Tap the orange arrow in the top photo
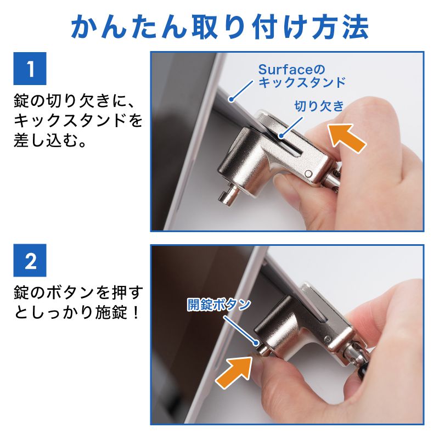[346, 137]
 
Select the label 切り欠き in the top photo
[319, 106]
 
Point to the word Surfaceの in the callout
[291, 70]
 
